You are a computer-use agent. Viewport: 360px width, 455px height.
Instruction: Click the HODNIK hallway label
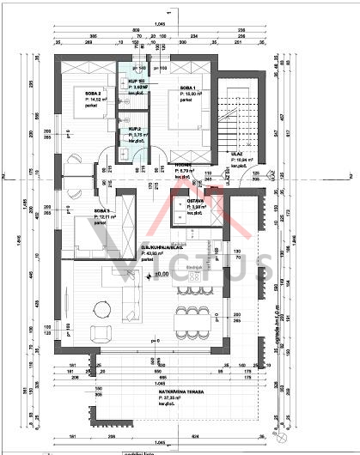[183, 166]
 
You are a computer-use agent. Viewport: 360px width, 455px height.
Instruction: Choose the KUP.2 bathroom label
[135, 130]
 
